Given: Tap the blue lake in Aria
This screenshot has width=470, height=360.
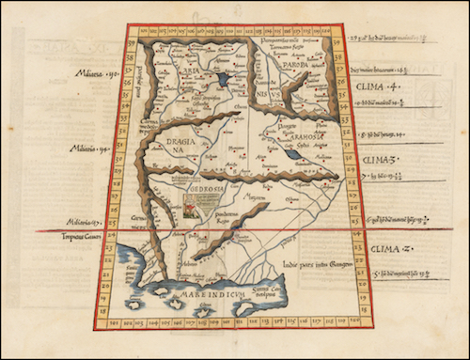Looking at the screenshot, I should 224,82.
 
